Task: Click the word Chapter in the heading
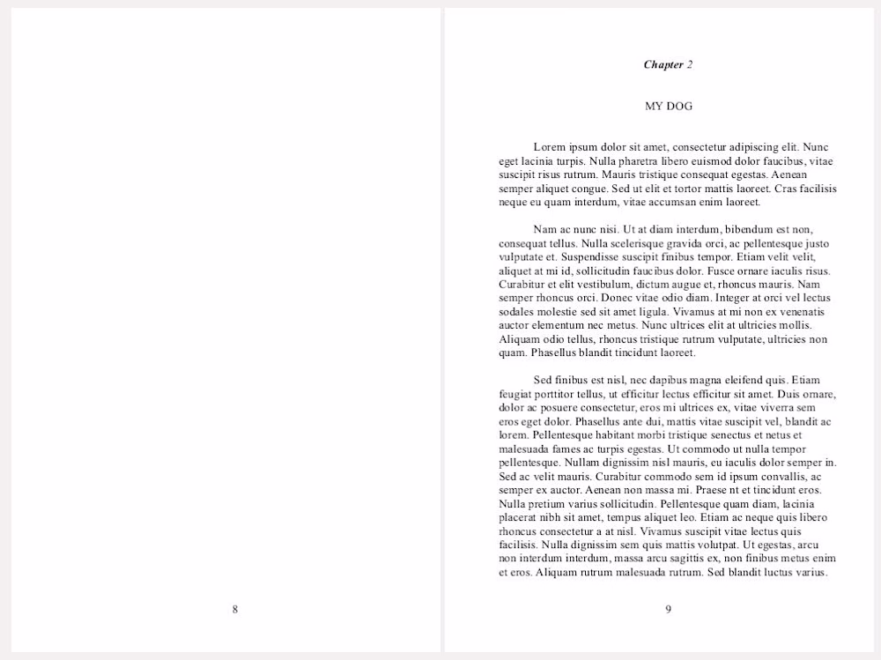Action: pos(663,64)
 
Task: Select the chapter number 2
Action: pos(690,64)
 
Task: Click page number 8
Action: pos(234,609)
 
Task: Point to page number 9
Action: pos(668,609)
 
